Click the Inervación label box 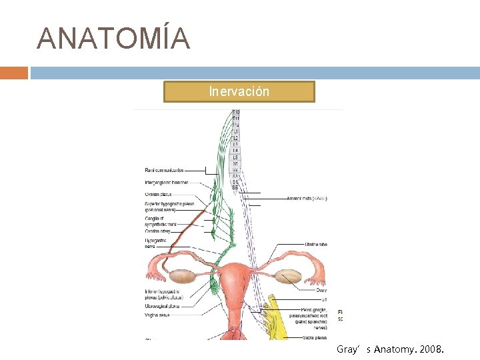(x=239, y=91)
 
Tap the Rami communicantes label (x=164, y=171)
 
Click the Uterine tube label (x=315, y=244)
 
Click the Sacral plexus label (x=313, y=338)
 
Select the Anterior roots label (x=306, y=198)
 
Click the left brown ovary (x=181, y=276)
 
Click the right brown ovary (x=289, y=276)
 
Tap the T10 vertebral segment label (x=235, y=112)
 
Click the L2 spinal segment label (x=235, y=138)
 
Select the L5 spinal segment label (x=235, y=157)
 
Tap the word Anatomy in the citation (x=397, y=349)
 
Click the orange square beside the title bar (x=13, y=73)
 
